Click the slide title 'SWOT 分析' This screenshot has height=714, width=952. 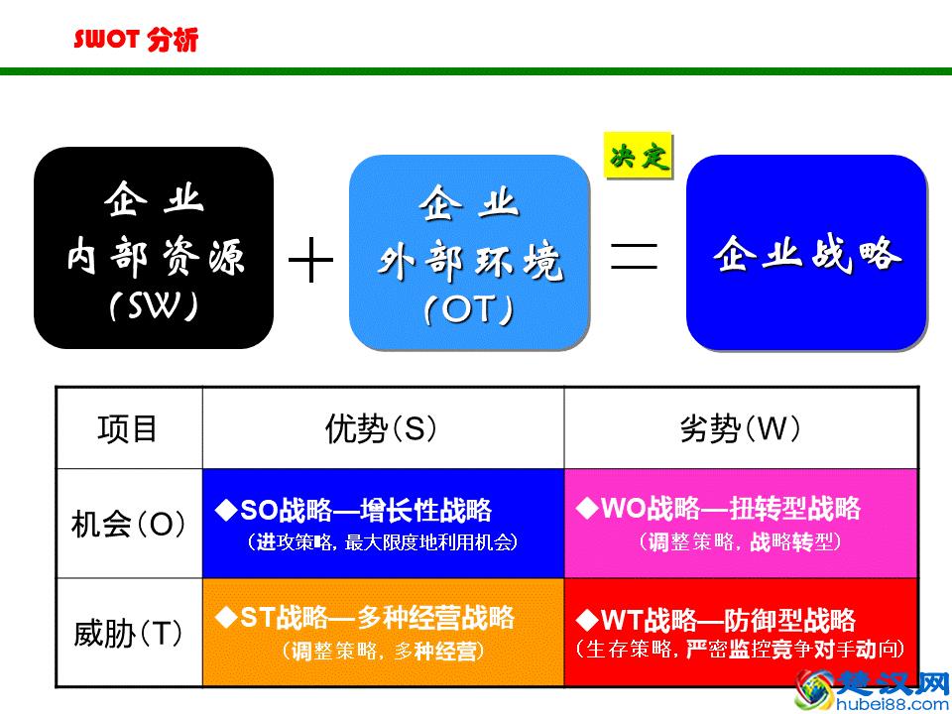(136, 41)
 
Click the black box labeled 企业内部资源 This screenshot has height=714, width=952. (154, 248)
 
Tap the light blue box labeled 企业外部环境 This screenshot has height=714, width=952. (469, 253)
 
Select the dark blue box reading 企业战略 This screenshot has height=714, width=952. (806, 253)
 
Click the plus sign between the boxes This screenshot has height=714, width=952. (310, 260)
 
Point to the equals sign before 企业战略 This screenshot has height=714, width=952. (635, 255)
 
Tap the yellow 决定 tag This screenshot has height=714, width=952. (639, 157)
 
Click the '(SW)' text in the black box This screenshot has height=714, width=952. (154, 306)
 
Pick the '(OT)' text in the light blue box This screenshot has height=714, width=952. (469, 310)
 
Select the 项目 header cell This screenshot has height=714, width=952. (128, 428)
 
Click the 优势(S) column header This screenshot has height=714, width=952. (382, 428)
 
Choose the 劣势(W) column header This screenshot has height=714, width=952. (740, 428)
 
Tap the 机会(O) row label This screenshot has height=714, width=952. (128, 524)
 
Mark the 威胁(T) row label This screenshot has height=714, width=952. (128, 633)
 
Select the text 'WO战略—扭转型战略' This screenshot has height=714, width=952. (730, 510)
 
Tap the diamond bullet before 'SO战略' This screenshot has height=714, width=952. (222, 511)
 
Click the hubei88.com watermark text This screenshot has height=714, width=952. (892, 704)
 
